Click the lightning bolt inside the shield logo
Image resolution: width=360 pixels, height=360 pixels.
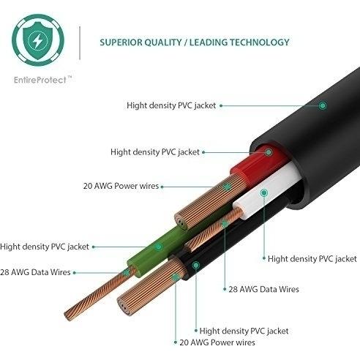tap(37, 40)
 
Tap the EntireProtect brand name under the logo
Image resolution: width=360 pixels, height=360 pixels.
tap(40, 80)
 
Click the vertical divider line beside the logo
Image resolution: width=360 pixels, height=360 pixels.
tap(80, 43)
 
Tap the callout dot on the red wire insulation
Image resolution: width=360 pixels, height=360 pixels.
tap(269, 152)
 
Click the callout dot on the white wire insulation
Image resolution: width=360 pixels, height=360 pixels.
tap(263, 192)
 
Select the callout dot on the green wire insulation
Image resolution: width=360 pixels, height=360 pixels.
tap(159, 247)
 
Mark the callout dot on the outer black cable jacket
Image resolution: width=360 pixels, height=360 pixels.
tap(323, 105)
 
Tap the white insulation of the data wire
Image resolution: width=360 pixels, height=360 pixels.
tap(269, 190)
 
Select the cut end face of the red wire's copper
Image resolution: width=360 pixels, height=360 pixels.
tap(181, 222)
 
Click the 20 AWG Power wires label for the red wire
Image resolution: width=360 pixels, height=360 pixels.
tap(121, 186)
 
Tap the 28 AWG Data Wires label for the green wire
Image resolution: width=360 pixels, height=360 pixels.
tap(35, 272)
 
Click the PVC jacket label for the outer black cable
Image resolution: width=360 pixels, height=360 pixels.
tap(171, 105)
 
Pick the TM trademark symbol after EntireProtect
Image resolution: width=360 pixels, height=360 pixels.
tap(70, 77)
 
